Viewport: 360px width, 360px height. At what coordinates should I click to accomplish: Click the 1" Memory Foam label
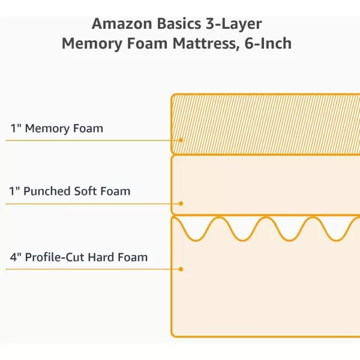(56, 128)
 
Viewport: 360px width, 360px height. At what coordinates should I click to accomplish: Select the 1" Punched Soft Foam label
(70, 191)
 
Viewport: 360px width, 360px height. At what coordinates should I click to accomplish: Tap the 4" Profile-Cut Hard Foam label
(79, 257)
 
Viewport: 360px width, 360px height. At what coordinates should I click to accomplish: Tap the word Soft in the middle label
(87, 191)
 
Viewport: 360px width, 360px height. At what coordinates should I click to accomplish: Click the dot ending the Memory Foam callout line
(181, 140)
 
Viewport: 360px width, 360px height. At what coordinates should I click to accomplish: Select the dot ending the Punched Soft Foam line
(181, 203)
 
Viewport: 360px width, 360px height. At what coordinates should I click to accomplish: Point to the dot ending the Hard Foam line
(181, 269)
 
